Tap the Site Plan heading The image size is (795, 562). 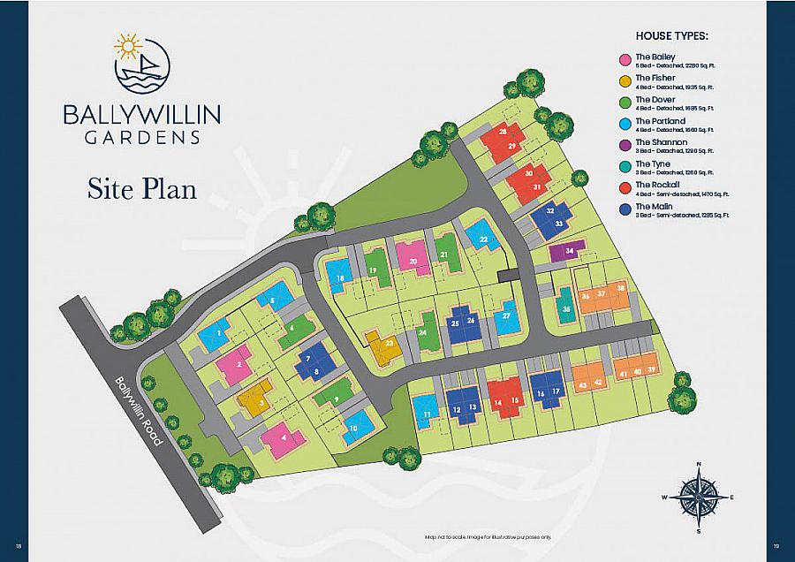pyautogui.click(x=141, y=187)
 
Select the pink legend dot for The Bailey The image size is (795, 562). pyautogui.click(x=625, y=59)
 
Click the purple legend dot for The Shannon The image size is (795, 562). pyautogui.click(x=625, y=145)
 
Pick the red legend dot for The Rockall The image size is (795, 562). pyautogui.click(x=625, y=188)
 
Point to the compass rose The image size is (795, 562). pyautogui.click(x=698, y=497)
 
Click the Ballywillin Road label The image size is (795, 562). pyautogui.click(x=140, y=410)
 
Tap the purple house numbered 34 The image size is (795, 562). pyautogui.click(x=567, y=252)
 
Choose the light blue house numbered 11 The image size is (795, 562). pyautogui.click(x=428, y=411)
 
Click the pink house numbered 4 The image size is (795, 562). pyautogui.click(x=285, y=438)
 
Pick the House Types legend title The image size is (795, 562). pyautogui.click(x=672, y=36)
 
